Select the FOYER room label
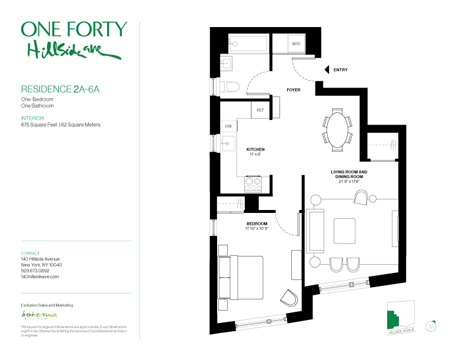click(x=293, y=90)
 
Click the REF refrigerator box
click(x=260, y=109)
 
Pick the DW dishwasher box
click(x=228, y=126)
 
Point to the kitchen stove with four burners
click(x=253, y=184)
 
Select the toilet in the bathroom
click(x=231, y=87)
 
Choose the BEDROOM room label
click(x=257, y=224)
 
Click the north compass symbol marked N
click(x=431, y=325)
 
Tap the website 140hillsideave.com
click(x=40, y=276)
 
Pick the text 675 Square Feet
click(x=39, y=125)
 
